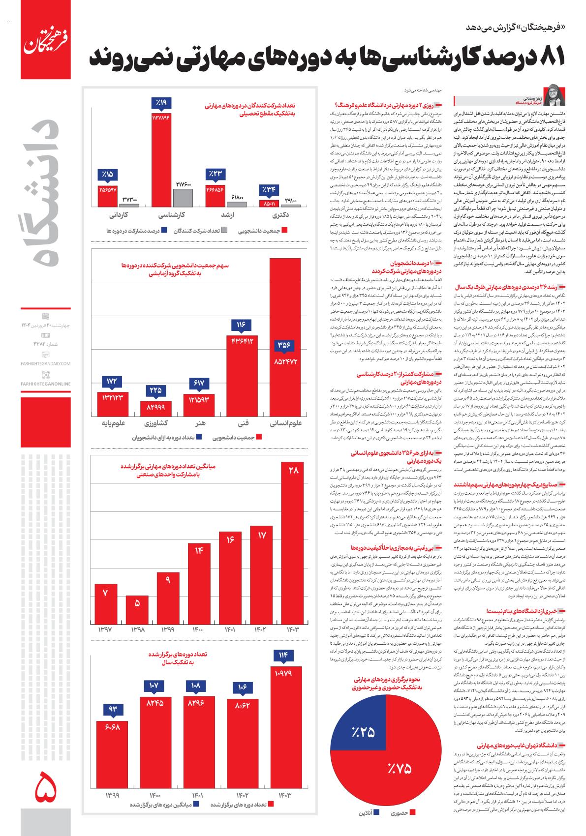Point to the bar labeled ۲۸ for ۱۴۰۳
click(294, 541)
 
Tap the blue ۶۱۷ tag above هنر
click(199, 383)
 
